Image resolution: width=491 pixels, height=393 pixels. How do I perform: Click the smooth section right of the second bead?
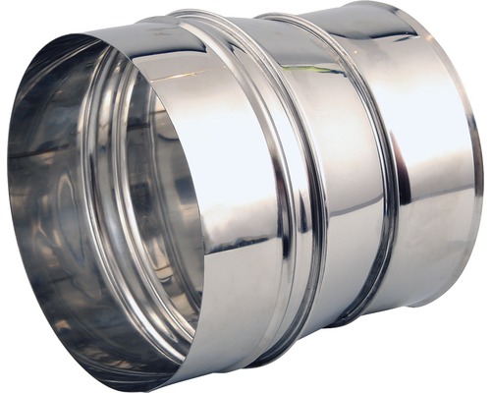point(432,167)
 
